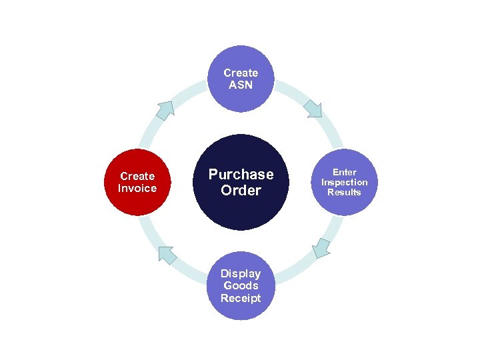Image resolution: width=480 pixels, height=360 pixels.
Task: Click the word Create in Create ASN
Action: (x=241, y=73)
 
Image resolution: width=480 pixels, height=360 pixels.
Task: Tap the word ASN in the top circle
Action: (x=241, y=85)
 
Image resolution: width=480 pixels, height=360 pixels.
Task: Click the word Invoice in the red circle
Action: (x=137, y=189)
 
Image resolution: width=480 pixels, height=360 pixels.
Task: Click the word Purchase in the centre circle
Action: (x=241, y=175)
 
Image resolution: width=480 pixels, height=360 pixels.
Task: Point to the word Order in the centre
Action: (x=241, y=191)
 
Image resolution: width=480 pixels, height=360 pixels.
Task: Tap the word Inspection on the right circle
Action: (x=344, y=182)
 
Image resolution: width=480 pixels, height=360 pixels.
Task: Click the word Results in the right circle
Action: (x=344, y=193)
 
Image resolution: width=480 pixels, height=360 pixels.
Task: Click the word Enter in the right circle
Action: (x=345, y=172)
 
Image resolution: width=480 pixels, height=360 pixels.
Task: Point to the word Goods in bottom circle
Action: (x=241, y=285)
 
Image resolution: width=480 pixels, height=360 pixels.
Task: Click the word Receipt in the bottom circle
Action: (x=241, y=298)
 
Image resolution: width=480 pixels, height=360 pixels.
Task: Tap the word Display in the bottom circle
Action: (x=241, y=273)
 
